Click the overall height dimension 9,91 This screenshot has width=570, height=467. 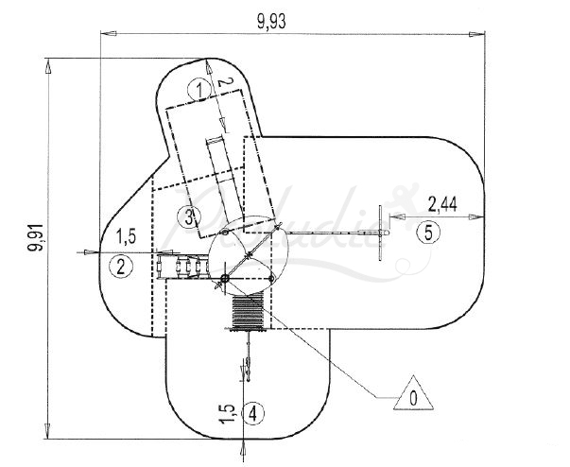[36, 247]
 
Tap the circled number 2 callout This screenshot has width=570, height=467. [120, 267]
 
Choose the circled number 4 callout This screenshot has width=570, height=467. [252, 412]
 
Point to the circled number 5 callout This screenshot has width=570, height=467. [426, 233]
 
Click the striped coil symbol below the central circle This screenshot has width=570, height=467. [249, 310]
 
